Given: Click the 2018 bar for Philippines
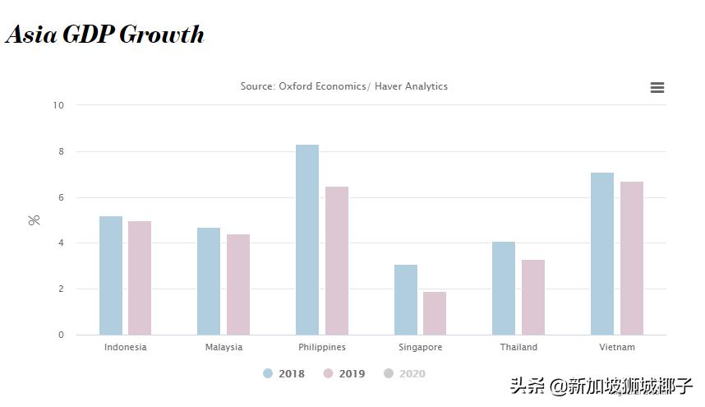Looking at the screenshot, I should point(307,240).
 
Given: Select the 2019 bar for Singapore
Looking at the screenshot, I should point(435,313).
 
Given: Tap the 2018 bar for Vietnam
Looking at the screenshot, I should point(602,253).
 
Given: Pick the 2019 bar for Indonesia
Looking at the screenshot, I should point(140,278).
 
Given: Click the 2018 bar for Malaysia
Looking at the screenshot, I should point(209,281).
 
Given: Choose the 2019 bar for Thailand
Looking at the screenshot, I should point(533,297).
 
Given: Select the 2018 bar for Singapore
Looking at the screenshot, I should point(406,299).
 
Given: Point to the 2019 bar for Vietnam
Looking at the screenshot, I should point(632,258).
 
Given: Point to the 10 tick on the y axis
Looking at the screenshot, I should point(58,105).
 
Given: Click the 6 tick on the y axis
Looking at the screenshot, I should point(61,197).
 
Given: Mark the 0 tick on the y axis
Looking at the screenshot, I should point(61,335).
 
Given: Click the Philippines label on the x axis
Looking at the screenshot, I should point(322,347).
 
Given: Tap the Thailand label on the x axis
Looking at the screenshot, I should point(518,347).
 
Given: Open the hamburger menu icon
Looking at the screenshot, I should point(657,88).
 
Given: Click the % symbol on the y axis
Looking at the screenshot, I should point(35,220).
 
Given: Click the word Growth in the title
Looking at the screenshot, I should point(162,35).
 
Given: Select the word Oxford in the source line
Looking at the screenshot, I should point(297,86).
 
